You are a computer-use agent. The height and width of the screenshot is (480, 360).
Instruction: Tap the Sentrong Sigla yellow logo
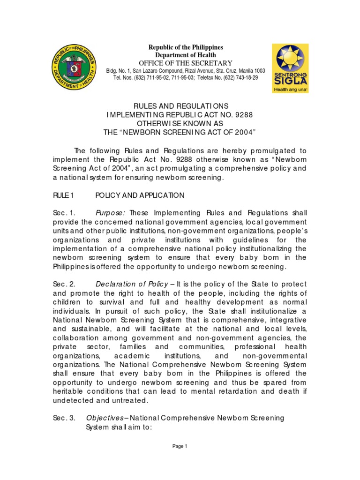tap(290, 68)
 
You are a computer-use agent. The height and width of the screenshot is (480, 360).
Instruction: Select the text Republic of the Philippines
tap(186, 47)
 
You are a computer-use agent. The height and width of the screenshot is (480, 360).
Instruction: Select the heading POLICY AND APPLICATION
tap(140, 195)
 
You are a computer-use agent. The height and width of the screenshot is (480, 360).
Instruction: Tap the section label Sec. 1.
tap(62, 213)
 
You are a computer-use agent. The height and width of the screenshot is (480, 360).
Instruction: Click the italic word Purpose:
tap(111, 213)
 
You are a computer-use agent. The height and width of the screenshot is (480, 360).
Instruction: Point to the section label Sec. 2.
tap(62, 284)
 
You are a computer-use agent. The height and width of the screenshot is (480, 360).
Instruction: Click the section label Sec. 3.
tap(62, 417)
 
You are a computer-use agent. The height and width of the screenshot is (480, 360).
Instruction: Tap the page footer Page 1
tap(180, 446)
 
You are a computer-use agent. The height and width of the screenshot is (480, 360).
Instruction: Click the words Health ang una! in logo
tap(290, 88)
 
